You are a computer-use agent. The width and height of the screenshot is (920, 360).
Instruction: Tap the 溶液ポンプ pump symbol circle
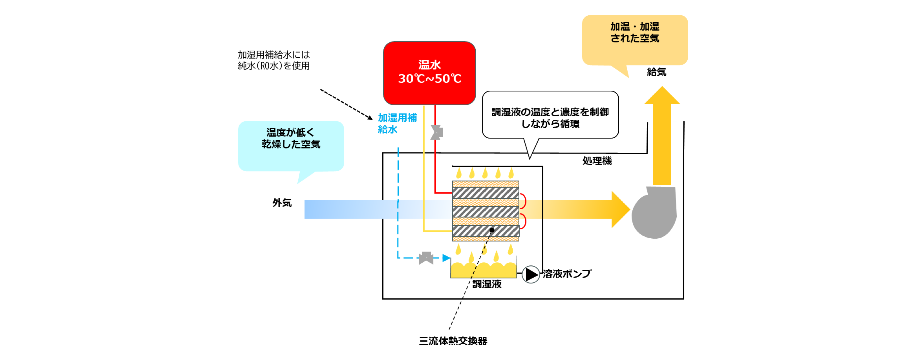pyautogui.click(x=531, y=274)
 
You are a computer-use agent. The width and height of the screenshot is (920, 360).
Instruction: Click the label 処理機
pyautogui.click(x=597, y=161)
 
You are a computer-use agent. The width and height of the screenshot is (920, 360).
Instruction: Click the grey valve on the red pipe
pyautogui.click(x=436, y=132)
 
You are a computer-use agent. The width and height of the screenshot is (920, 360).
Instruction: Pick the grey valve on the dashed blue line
pyautogui.click(x=426, y=258)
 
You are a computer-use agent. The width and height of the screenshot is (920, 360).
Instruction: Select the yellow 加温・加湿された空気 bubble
pyautogui.click(x=635, y=40)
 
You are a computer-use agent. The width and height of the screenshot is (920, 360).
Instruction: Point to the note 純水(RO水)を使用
pyautogui.click(x=274, y=66)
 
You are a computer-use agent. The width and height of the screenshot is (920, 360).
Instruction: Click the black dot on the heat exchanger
pyautogui.click(x=492, y=230)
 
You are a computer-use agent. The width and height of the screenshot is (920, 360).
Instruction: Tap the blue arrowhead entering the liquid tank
pyautogui.click(x=446, y=258)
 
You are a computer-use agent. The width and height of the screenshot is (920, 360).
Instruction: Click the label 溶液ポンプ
pyautogui.click(x=567, y=274)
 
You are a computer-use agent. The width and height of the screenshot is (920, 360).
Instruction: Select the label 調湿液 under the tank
pyautogui.click(x=487, y=284)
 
